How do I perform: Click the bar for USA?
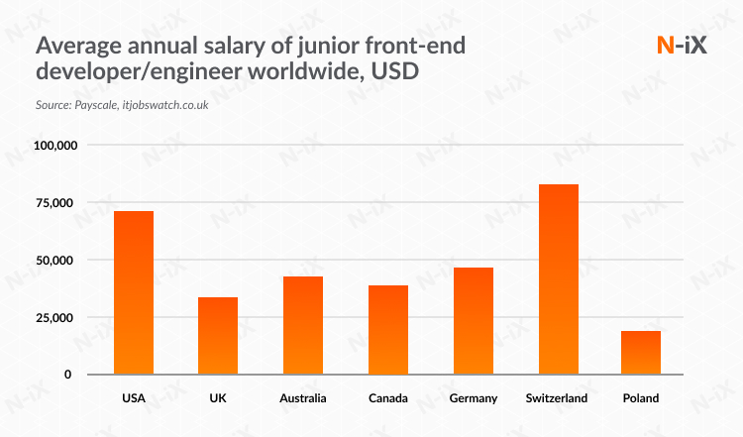(134, 292)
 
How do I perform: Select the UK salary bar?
(218, 335)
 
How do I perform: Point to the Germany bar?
(472, 320)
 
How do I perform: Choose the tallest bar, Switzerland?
(557, 278)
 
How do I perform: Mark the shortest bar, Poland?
(641, 352)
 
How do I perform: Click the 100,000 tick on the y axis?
(54, 146)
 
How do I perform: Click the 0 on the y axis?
(68, 375)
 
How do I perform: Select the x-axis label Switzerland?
(557, 398)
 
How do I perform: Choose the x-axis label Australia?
(302, 398)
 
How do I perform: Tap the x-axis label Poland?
(641, 398)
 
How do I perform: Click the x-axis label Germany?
(472, 398)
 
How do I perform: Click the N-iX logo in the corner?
(682, 46)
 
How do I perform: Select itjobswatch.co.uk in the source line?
(164, 104)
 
